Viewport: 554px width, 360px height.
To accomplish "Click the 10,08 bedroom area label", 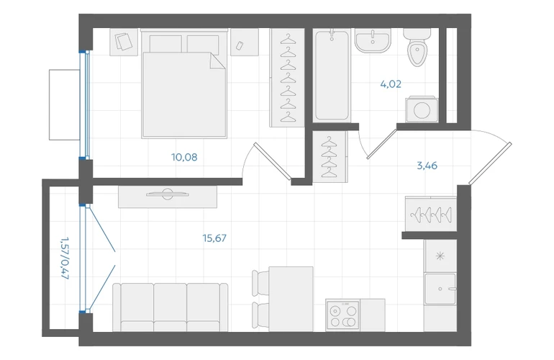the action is coord(184,157).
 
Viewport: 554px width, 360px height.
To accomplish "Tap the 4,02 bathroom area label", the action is coord(391,84).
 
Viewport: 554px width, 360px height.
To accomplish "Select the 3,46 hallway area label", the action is coord(427,166).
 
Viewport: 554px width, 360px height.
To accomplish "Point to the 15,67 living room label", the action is coord(214,238).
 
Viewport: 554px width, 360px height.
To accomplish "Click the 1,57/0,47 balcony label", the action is coord(64,258).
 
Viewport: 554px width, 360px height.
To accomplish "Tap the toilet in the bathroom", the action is coord(417,47).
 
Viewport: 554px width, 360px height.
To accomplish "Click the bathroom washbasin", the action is coord(373,40).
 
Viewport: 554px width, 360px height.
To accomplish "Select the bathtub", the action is coord(332,75).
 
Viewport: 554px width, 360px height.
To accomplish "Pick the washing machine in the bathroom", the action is coord(422,109).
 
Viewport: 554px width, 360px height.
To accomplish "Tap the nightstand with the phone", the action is coord(245,42).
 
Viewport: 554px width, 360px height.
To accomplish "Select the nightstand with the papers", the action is coord(124,42).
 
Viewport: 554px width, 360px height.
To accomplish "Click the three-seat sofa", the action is coord(170,307).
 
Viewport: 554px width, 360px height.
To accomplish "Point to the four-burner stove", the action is coord(342,315).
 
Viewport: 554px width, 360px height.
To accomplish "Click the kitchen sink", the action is coord(440,289).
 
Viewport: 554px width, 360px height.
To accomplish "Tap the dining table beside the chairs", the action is coord(291,300).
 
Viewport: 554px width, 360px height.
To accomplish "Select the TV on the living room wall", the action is coord(168,194).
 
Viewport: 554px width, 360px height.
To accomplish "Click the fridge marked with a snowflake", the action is coord(440,256).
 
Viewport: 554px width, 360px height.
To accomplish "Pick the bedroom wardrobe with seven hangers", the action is coord(287,78).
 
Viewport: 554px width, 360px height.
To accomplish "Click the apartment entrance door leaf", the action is coord(490,163).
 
